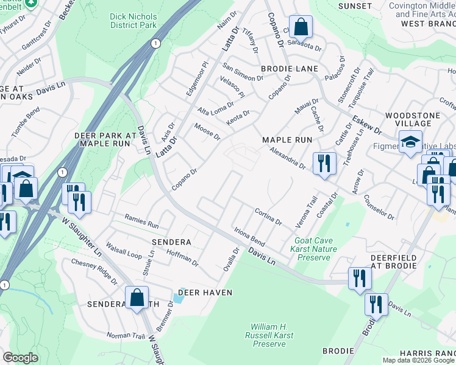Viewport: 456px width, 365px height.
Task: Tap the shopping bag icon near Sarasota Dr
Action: (x=301, y=27)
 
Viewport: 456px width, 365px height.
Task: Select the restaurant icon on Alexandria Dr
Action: (x=324, y=164)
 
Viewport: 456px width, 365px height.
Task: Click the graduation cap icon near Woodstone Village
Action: (x=410, y=143)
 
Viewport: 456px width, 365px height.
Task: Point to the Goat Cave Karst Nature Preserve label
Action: (x=315, y=249)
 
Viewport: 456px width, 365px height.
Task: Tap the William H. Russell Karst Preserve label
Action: (x=269, y=335)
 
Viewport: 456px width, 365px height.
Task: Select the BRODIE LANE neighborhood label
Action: (x=290, y=69)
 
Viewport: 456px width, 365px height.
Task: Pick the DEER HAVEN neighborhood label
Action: (x=205, y=293)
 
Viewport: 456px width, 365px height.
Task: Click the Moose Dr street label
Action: (x=207, y=131)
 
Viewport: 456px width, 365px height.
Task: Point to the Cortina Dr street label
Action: (x=268, y=217)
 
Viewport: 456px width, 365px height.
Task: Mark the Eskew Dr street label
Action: (x=366, y=125)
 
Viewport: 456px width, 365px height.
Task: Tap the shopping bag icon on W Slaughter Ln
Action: (x=137, y=297)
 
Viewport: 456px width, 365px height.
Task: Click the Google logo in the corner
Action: (x=20, y=358)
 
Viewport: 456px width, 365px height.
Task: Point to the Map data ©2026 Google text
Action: (x=418, y=360)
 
